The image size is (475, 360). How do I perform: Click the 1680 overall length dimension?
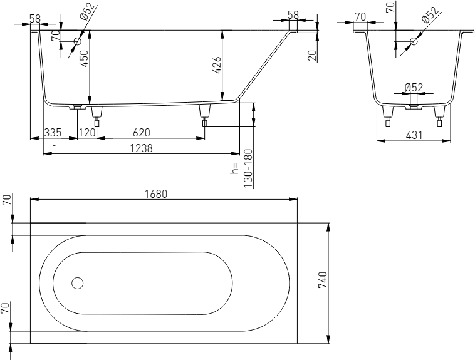point(156,194)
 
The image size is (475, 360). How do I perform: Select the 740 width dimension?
point(323,280)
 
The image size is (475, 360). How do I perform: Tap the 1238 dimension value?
point(141,148)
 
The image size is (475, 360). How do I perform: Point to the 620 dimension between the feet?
point(142,133)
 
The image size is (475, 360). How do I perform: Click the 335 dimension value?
point(53,133)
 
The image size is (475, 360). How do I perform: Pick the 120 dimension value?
point(87,133)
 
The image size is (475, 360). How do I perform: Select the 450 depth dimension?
point(84,58)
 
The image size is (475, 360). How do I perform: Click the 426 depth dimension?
point(217,65)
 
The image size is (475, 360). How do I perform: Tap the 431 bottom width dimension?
point(414,135)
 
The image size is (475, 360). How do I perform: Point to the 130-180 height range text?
point(248,168)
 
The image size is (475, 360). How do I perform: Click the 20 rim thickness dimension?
point(312,55)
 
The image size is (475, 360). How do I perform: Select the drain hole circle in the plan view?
point(78,283)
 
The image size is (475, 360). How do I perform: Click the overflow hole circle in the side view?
point(78,41)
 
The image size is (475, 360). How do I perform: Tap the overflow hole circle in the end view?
point(414,41)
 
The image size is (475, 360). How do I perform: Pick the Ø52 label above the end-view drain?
point(414,88)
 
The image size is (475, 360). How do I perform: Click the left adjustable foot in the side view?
point(97,116)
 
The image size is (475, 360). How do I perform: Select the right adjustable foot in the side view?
point(205,115)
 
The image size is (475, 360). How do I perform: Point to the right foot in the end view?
point(439,116)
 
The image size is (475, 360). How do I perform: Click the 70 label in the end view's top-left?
point(360,17)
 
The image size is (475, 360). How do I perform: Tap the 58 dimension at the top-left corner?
point(35,18)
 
